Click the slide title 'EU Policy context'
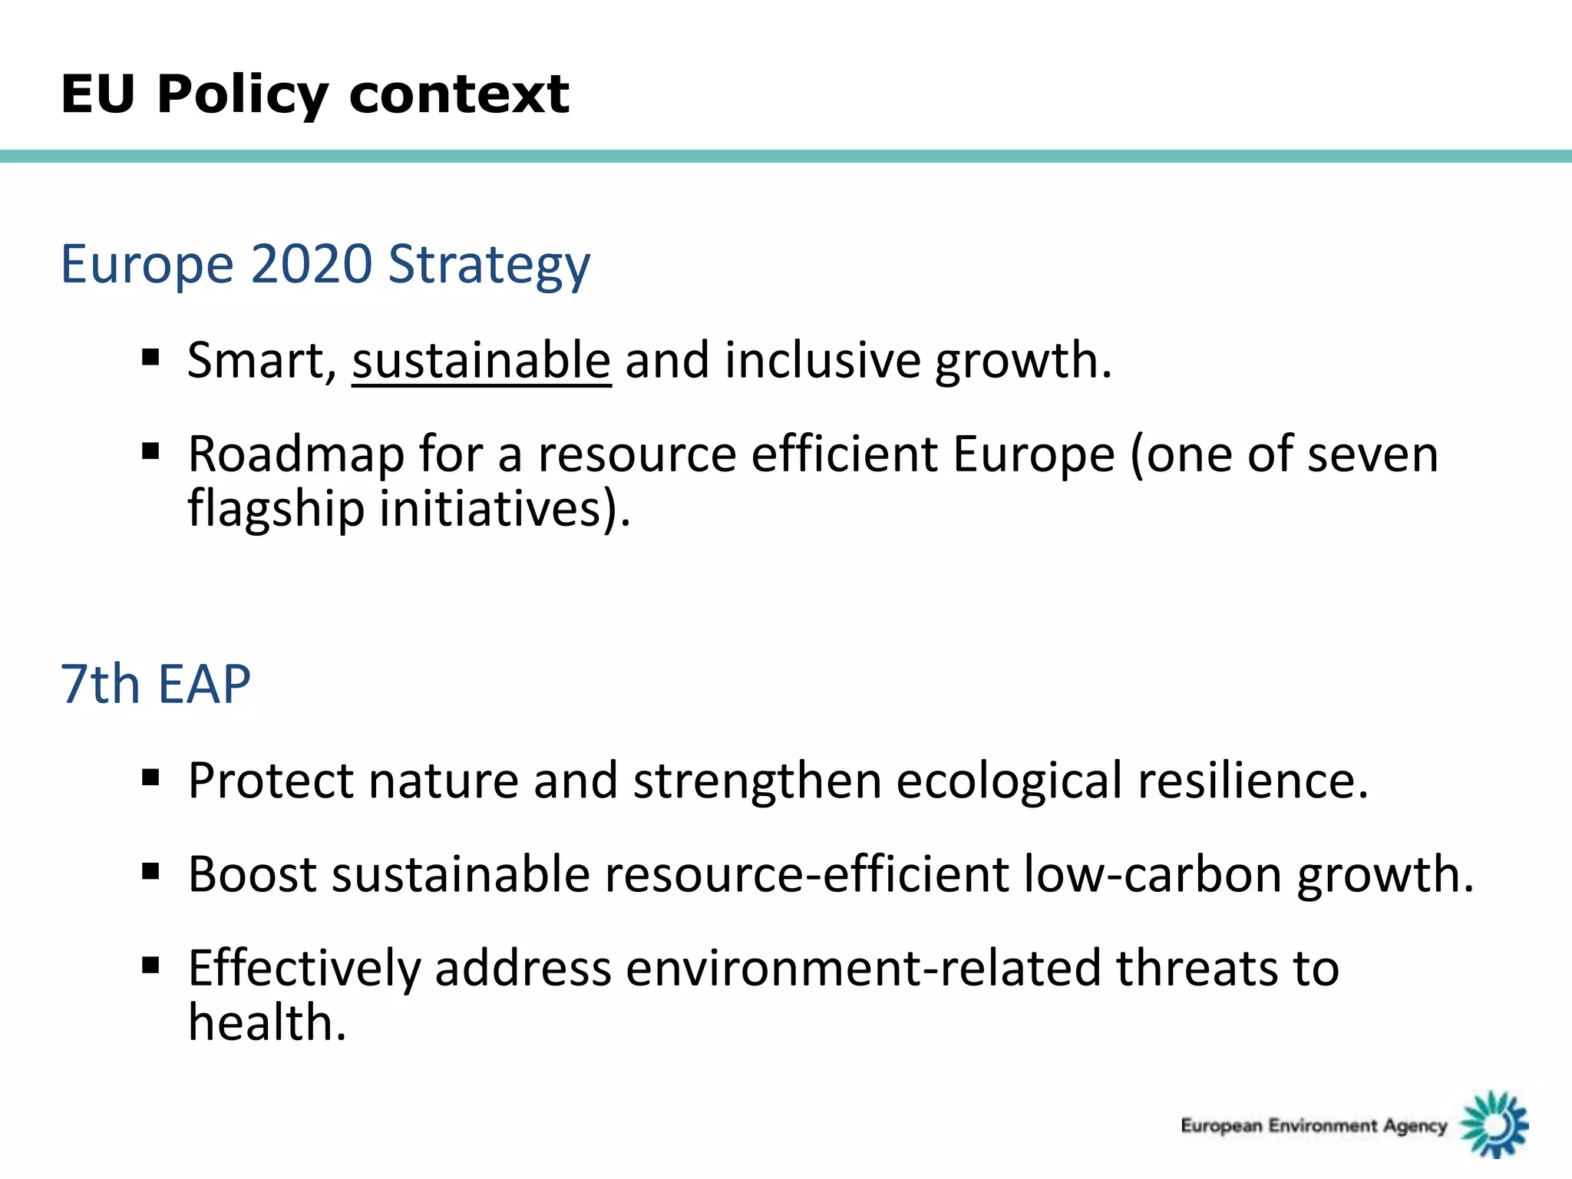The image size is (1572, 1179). pos(315,95)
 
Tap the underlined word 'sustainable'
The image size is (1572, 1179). pos(481,361)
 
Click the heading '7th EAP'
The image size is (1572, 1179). pos(156,684)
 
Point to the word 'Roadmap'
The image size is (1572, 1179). pos(296,454)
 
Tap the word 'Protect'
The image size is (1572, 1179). pos(271,781)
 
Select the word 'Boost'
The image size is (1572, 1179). pos(253,874)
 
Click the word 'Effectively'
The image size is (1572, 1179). pos(305,968)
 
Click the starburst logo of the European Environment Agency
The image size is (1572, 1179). pos(1494,1124)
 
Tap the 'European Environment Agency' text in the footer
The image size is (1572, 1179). pos(1313,1126)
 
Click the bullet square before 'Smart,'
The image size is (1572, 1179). pos(150,357)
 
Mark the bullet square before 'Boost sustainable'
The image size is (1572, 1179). pos(150,871)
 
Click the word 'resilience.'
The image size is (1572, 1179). pos(1253,781)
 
